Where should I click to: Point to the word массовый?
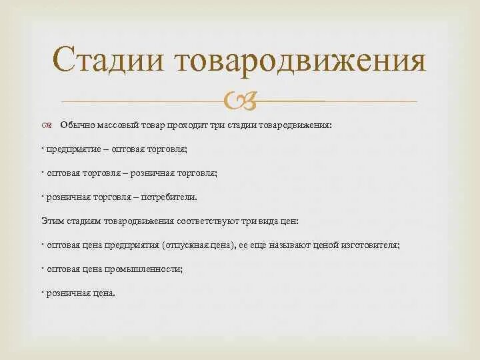116,125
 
